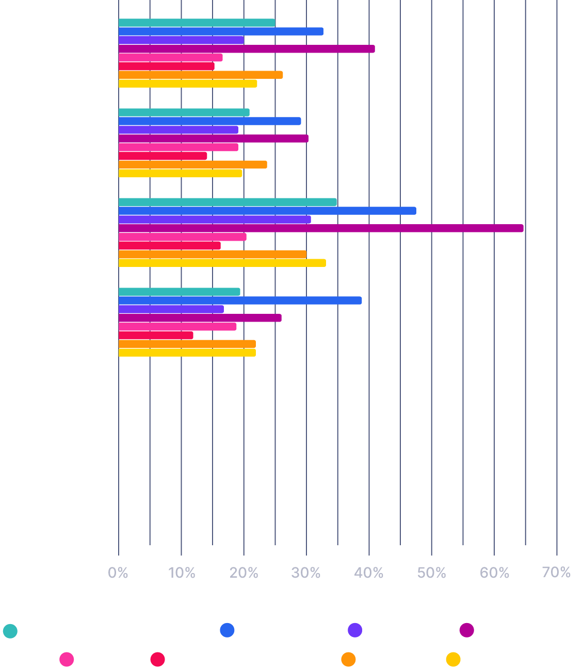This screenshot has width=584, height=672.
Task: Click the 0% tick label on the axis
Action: tap(118, 573)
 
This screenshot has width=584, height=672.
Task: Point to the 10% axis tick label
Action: tap(181, 573)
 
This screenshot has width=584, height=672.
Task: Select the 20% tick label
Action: tap(244, 573)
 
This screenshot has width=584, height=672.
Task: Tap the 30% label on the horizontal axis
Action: tap(306, 573)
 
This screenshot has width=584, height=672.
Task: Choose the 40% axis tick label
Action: tap(369, 573)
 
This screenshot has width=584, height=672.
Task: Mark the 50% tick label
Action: tap(432, 573)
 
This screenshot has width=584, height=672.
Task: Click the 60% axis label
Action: tap(494, 573)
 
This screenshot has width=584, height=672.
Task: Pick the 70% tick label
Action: tap(557, 573)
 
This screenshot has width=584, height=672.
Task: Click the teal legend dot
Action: tap(10, 631)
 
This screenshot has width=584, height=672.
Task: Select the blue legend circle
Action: tap(227, 630)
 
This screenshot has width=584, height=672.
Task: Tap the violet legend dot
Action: tap(355, 630)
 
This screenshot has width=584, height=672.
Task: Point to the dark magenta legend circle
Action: tap(467, 630)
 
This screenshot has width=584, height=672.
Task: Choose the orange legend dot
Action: tap(349, 659)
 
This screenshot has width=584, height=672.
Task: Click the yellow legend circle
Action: tap(453, 659)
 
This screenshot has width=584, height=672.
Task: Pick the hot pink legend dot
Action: tap(67, 659)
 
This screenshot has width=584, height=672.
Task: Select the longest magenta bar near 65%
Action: tap(321, 228)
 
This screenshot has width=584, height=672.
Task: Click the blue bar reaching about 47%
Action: tap(267, 211)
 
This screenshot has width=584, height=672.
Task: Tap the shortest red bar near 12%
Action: tap(156, 335)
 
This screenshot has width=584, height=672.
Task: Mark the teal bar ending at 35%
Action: tap(228, 202)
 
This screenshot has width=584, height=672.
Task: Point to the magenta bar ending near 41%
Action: tap(247, 49)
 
